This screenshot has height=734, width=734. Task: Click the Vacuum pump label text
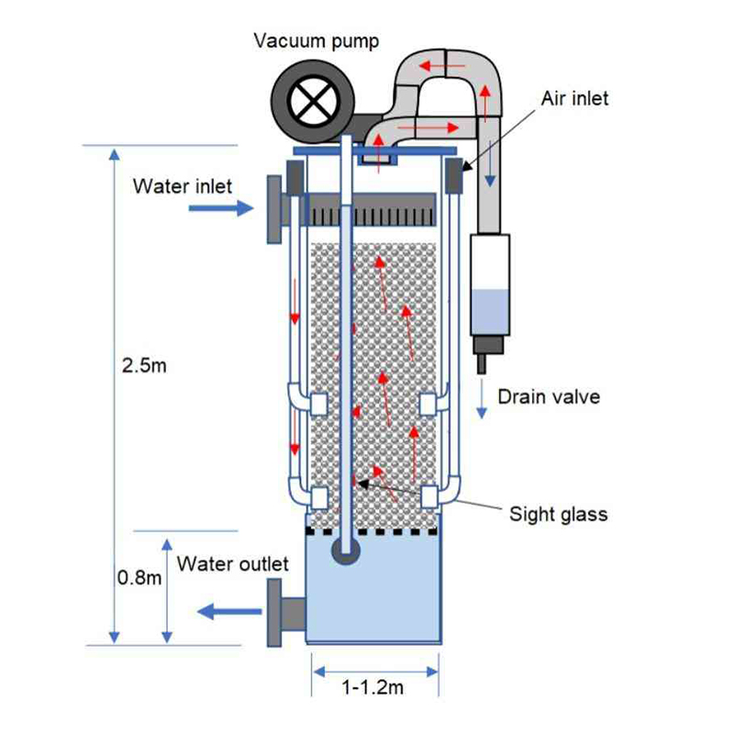coord(317,40)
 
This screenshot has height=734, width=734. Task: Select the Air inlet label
coord(574,98)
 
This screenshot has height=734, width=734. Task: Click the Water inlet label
coord(183,186)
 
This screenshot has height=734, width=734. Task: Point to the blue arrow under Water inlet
coord(219,209)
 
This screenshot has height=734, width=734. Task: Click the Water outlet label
coord(233,563)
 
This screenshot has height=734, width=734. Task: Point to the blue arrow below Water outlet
coord(221,609)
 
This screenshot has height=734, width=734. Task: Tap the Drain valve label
coord(549,396)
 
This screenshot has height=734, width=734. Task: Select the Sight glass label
coord(558,514)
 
